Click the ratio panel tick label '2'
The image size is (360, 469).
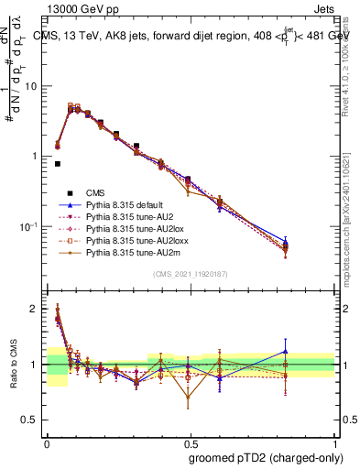(36, 309)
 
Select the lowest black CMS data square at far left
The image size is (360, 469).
(57, 164)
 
